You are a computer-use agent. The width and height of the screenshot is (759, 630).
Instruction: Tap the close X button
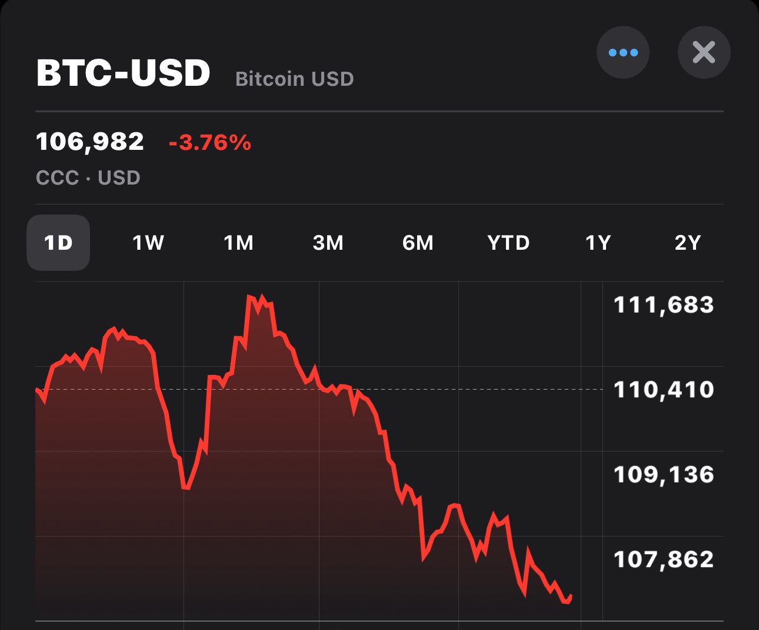(704, 52)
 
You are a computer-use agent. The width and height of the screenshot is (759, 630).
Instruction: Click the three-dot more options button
(623, 52)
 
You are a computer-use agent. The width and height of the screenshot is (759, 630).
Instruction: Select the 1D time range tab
(58, 243)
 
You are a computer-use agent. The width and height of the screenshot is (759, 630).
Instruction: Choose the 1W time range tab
(148, 243)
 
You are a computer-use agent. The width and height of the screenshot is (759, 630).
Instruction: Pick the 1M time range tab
(238, 243)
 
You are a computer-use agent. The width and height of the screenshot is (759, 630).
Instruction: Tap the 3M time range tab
(328, 243)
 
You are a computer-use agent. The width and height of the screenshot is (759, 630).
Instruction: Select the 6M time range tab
(418, 243)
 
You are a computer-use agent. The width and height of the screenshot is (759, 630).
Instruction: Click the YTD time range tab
(508, 243)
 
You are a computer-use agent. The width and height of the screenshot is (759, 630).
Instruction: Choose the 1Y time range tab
(598, 243)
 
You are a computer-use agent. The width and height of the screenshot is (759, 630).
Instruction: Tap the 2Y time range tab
(687, 243)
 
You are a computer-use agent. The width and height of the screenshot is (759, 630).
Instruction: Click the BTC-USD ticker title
(123, 73)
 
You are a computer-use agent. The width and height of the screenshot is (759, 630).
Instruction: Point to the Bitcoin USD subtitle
(294, 79)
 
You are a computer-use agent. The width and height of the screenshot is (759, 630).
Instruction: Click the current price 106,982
(90, 142)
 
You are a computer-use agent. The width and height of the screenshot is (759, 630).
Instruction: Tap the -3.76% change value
(210, 143)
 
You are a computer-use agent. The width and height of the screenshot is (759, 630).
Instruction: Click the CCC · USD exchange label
(88, 177)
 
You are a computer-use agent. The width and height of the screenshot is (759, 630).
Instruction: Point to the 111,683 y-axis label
(664, 305)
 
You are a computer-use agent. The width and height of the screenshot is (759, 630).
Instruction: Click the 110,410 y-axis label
(664, 390)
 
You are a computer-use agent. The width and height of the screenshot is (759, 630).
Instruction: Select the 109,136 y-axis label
(664, 474)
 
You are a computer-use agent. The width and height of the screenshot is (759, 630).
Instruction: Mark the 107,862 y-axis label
(664, 559)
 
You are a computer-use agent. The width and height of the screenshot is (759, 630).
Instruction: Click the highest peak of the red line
(249, 297)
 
